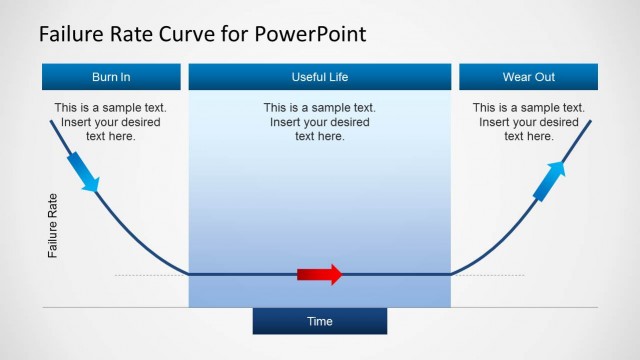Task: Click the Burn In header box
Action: (x=111, y=77)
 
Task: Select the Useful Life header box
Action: (x=319, y=77)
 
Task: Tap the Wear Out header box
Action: (x=528, y=77)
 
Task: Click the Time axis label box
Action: (x=319, y=321)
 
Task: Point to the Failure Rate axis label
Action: (x=54, y=226)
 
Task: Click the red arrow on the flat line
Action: (x=320, y=274)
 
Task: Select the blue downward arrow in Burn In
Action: (x=83, y=171)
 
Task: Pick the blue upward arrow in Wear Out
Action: (x=549, y=180)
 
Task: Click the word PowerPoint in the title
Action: (x=309, y=34)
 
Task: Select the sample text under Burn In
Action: (x=110, y=121)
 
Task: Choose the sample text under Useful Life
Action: (x=319, y=121)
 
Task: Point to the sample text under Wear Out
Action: (x=528, y=121)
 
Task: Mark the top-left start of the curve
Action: (x=52, y=121)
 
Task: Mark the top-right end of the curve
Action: (x=589, y=121)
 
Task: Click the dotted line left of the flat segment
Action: (x=150, y=274)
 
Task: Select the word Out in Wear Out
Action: (x=545, y=77)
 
